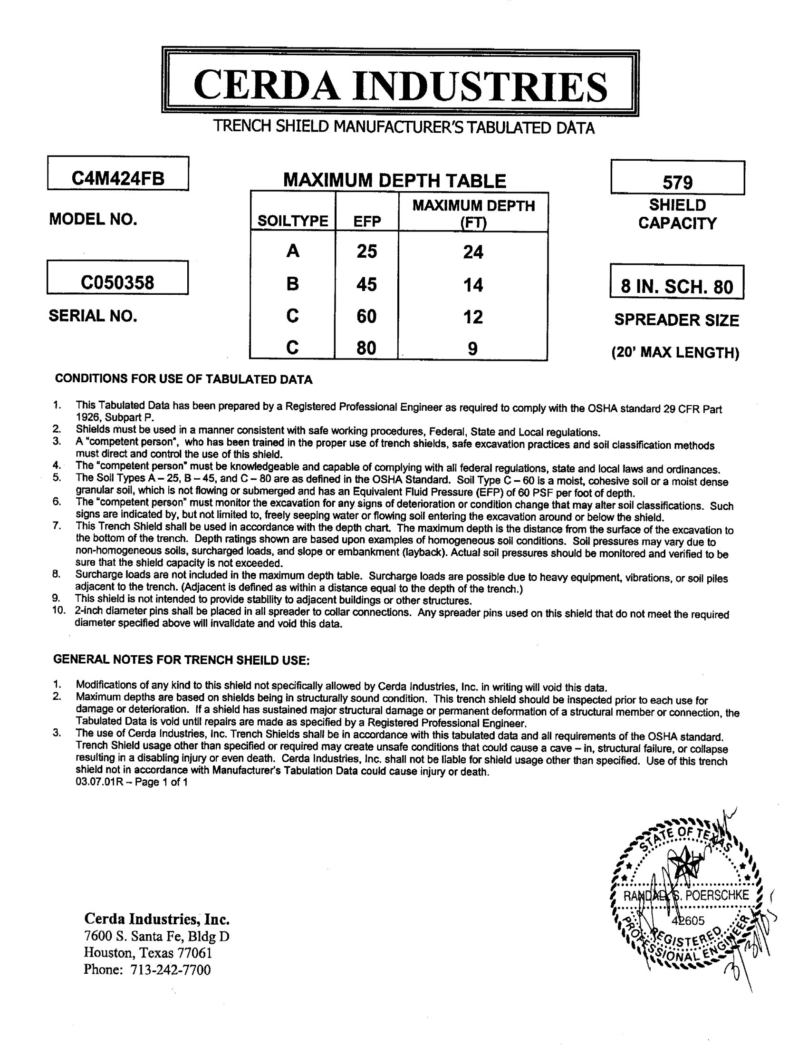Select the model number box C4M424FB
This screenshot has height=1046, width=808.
click(118, 178)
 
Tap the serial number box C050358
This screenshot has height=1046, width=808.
click(117, 282)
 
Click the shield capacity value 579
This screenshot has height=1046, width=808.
click(677, 182)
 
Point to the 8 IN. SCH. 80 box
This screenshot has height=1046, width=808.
click(677, 286)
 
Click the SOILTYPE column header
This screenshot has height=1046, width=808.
click(292, 221)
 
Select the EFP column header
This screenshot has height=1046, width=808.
click(366, 221)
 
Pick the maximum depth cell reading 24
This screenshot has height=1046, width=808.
click(473, 252)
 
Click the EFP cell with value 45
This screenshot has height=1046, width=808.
click(366, 284)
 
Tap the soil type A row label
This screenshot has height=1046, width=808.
click(292, 251)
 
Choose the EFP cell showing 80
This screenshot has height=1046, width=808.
click(366, 348)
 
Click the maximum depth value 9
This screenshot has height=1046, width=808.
click(472, 349)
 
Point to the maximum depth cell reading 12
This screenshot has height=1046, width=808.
click(473, 317)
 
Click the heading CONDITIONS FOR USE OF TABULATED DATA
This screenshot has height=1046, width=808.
click(183, 379)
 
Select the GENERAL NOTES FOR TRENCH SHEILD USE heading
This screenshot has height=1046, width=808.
click(182, 659)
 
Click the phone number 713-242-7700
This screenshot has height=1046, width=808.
click(171, 970)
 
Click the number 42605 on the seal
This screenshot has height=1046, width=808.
click(688, 920)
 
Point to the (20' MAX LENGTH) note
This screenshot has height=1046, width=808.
click(675, 353)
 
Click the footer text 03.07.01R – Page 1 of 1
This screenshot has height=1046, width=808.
click(132, 782)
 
